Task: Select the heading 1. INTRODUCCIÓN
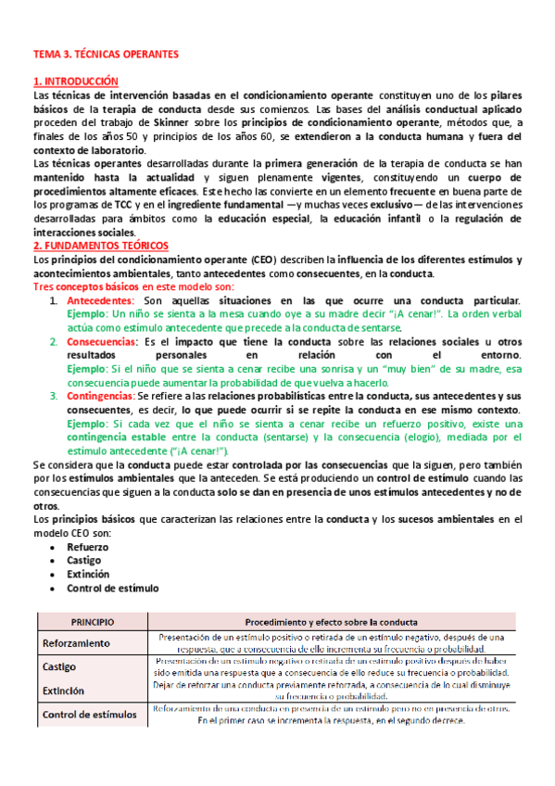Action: [76, 82]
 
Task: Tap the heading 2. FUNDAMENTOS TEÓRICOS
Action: [100, 246]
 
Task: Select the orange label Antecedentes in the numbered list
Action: [101, 301]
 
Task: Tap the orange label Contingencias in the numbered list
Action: [102, 397]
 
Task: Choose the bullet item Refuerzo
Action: [86, 548]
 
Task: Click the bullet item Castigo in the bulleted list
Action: [83, 561]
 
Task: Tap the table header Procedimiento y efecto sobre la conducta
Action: [330, 621]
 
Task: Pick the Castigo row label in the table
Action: [59, 667]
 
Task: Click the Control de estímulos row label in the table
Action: [91, 715]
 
